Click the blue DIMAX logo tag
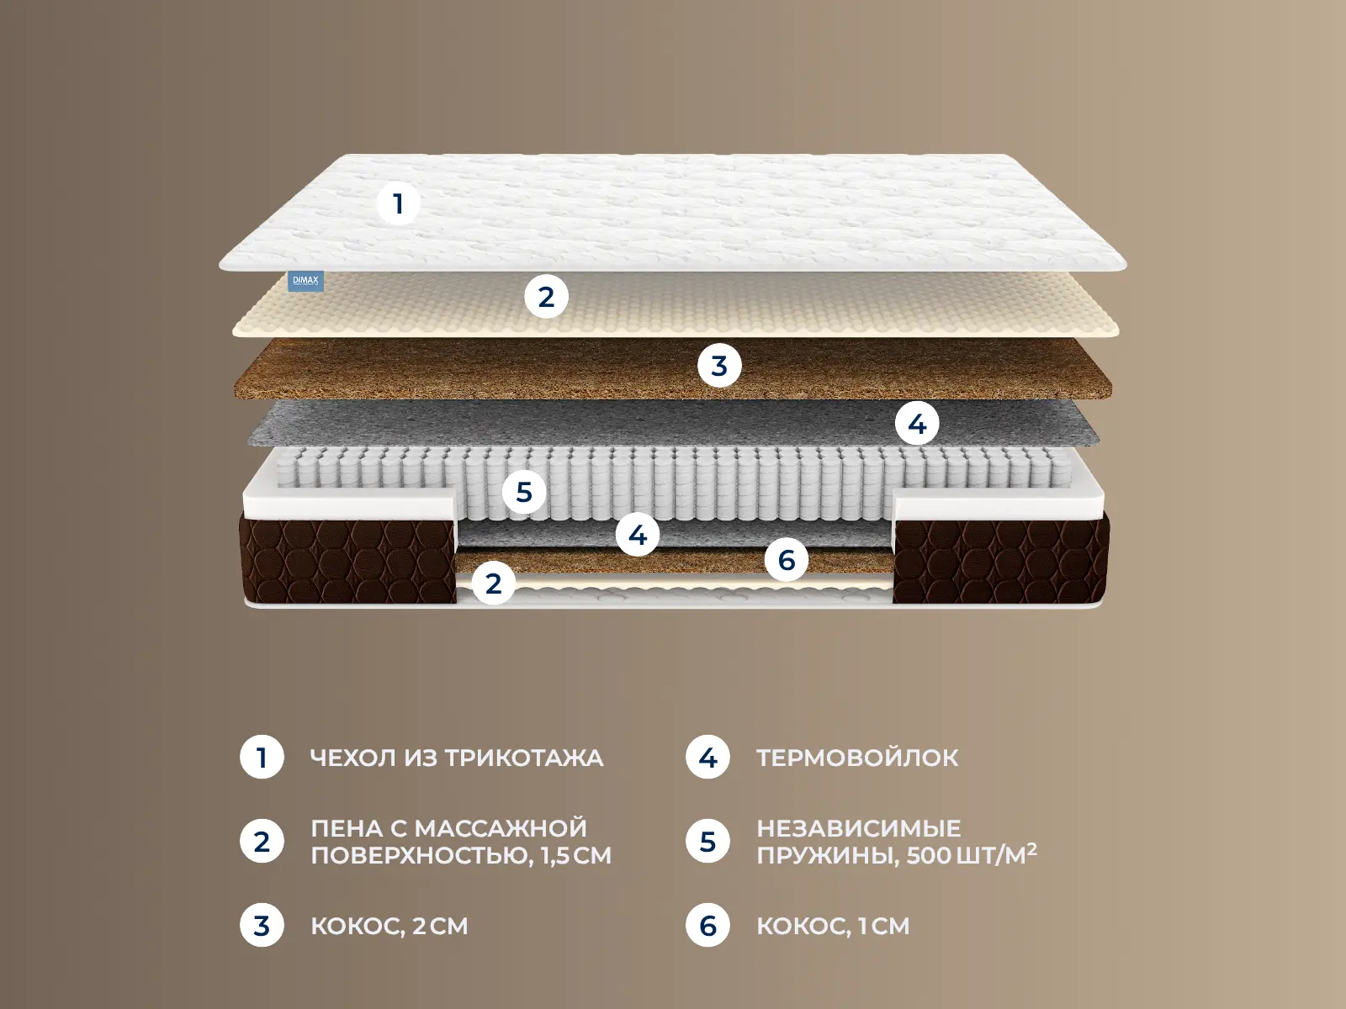point(306,281)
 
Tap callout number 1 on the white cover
point(399,203)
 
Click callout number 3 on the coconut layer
point(719,366)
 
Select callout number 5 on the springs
point(524,491)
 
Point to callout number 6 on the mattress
point(787,560)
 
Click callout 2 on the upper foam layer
point(546,297)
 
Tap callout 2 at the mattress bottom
point(494,584)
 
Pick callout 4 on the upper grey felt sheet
point(917,423)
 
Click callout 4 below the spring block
point(638,535)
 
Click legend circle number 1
point(262,758)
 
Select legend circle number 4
point(707,758)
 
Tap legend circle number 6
point(707,926)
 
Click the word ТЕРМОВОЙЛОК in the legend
point(857,758)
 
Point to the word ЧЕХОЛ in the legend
point(352,758)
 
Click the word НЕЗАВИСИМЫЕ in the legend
point(859,828)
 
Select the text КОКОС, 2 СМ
point(389,926)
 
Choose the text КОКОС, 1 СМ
point(833,926)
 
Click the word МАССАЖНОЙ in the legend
point(501,828)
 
